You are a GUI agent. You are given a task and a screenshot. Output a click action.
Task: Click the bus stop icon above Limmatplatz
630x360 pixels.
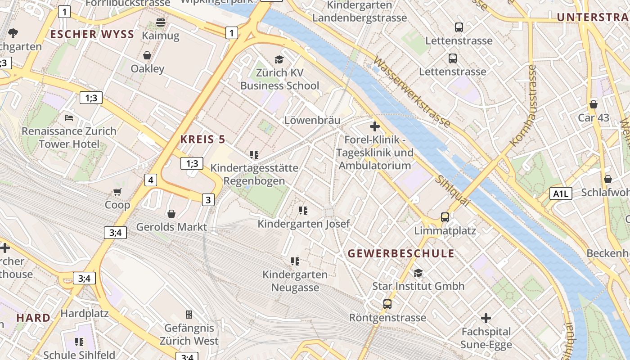[x=445, y=217]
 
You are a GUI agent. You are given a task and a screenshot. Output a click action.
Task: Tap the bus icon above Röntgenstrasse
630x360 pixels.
[x=387, y=304]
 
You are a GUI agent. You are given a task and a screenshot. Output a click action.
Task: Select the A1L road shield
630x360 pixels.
[x=561, y=194]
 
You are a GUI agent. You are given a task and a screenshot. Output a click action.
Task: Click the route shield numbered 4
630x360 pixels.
[x=151, y=180]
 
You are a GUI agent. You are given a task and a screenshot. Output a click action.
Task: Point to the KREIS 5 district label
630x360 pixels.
[x=202, y=139]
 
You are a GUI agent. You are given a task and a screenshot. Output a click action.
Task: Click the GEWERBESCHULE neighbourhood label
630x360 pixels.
[x=401, y=253]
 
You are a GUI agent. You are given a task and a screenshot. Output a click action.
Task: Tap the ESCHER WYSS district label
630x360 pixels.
[x=92, y=35]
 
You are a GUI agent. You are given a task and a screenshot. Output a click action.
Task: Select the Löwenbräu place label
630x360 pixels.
[x=312, y=120]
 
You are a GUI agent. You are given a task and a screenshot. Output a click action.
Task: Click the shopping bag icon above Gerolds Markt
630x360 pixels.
[x=171, y=213]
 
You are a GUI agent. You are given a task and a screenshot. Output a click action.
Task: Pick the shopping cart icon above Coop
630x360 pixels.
[x=117, y=192]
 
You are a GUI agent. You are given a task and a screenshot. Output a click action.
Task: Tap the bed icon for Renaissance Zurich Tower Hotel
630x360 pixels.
[x=69, y=118]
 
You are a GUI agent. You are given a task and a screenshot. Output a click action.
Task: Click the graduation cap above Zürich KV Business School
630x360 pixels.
[x=279, y=59]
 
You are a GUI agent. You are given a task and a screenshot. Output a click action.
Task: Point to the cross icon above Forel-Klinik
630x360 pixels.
[x=374, y=126]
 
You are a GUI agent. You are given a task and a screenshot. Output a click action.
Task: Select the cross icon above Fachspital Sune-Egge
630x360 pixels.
[x=486, y=319]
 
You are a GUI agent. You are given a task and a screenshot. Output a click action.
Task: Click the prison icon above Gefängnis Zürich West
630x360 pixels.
[x=189, y=314]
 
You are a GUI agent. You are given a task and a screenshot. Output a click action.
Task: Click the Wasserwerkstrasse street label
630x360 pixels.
[x=411, y=91]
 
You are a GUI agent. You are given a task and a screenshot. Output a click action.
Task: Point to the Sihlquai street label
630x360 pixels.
[x=452, y=191]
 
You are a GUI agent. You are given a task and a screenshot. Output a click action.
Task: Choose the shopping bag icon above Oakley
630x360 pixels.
[x=147, y=55]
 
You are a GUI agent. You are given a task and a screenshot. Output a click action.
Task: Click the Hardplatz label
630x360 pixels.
[x=85, y=313]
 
